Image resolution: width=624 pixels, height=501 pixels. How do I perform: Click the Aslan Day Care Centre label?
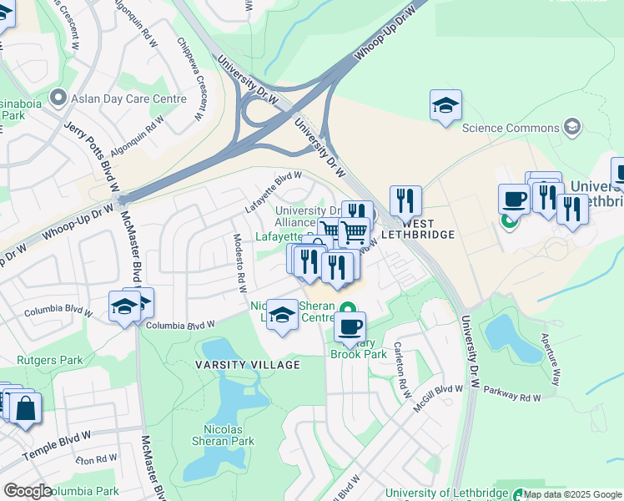(x=128, y=99)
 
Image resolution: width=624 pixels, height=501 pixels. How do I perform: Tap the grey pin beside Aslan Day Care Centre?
(x=58, y=99)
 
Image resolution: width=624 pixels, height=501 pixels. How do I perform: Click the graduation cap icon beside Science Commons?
(x=571, y=127)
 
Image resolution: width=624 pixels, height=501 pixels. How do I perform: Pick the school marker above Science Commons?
(x=446, y=106)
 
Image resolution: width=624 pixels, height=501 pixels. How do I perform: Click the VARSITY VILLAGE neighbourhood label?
(x=248, y=365)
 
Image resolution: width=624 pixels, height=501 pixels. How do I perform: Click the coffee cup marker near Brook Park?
(x=350, y=326)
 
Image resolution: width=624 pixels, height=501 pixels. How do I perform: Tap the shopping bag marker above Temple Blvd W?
(x=25, y=409)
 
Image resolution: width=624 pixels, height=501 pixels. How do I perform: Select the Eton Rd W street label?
(x=96, y=458)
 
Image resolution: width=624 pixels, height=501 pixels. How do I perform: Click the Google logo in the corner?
(x=28, y=491)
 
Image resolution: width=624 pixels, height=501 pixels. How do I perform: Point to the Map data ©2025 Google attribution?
(x=572, y=494)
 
